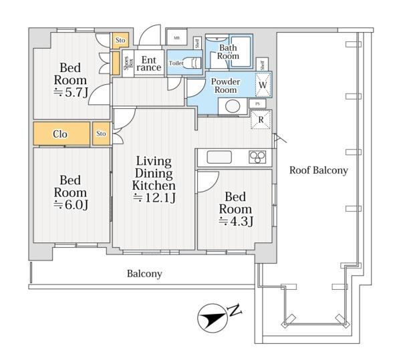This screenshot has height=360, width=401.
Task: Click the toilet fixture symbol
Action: click(x=192, y=63)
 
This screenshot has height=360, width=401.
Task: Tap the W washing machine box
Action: click(x=263, y=85)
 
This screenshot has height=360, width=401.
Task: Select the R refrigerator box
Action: click(x=261, y=120)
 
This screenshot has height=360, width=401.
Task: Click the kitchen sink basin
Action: click(x=219, y=157)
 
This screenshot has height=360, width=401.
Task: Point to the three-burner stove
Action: click(x=257, y=156)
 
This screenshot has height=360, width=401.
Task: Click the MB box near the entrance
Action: click(x=176, y=38)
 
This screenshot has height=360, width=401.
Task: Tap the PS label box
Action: click(x=257, y=104)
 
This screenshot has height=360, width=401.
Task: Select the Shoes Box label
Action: click(x=128, y=63)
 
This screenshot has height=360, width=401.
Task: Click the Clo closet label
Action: click(x=60, y=134)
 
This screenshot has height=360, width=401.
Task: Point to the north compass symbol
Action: click(x=213, y=318)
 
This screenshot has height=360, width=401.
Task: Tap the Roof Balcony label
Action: click(x=319, y=170)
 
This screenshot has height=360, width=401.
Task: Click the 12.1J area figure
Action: click(x=154, y=198)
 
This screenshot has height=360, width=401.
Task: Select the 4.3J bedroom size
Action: click(x=236, y=221)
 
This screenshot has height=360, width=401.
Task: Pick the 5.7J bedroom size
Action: click(x=71, y=92)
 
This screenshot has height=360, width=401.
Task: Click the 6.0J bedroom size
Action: click(x=71, y=204)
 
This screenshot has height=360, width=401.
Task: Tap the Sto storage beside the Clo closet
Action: click(x=101, y=134)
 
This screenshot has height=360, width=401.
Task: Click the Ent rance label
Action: click(x=149, y=63)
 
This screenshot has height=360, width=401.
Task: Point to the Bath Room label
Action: click(x=228, y=51)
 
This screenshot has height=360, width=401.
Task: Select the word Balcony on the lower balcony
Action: click(x=144, y=274)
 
